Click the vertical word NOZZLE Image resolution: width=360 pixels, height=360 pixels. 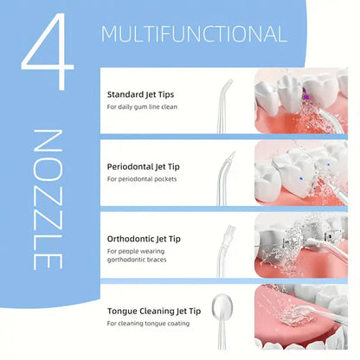tap(48, 199)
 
